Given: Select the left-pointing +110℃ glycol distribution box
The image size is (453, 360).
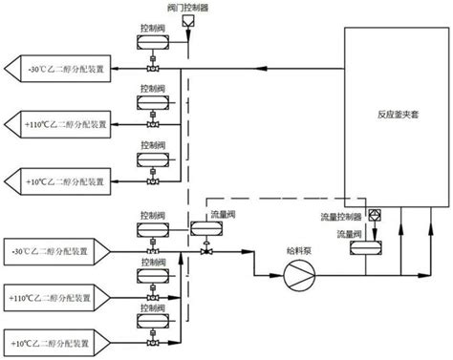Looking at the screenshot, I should click(x=57, y=122).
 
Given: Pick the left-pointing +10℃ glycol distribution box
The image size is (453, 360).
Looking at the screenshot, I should click(x=57, y=175).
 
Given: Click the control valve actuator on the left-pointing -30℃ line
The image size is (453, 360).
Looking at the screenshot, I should click(x=150, y=53).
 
